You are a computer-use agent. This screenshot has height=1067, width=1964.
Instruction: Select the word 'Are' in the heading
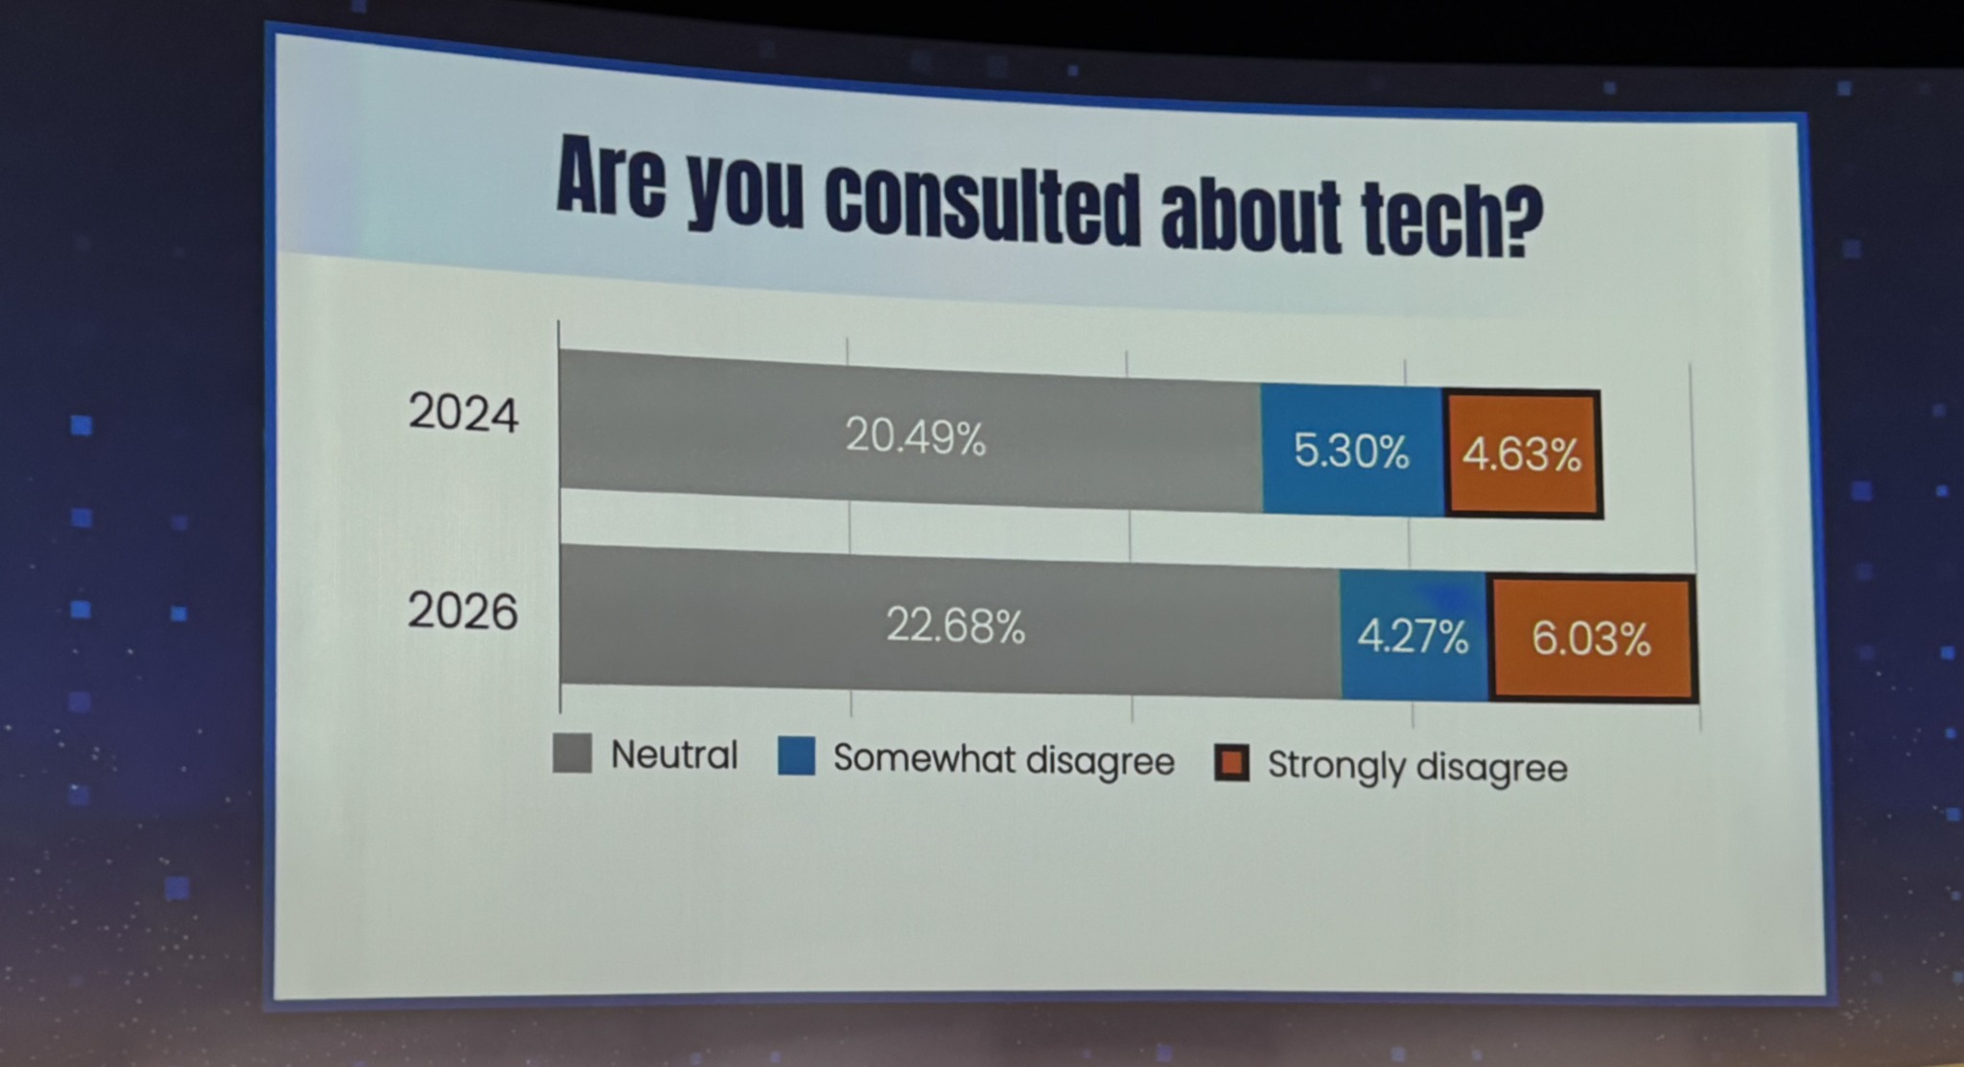tap(611, 178)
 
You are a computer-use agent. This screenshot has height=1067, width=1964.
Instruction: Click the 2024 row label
tap(463, 414)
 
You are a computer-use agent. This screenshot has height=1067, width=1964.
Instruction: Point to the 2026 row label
tap(463, 611)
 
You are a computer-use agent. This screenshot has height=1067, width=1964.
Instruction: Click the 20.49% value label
tap(915, 437)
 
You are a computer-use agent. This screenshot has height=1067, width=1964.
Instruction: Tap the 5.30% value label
tap(1351, 450)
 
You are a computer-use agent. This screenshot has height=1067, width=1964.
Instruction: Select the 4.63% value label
tap(1521, 454)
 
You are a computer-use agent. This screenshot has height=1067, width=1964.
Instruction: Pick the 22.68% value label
tap(955, 626)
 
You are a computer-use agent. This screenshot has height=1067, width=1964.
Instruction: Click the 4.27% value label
tap(1413, 637)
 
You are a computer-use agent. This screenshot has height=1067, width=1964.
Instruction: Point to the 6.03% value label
tap(1591, 638)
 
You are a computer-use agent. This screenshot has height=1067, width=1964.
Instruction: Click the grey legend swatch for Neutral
tap(573, 754)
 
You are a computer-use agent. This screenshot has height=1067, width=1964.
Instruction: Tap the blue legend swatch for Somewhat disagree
tap(797, 756)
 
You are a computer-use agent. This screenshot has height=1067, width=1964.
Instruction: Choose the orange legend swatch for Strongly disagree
tap(1231, 763)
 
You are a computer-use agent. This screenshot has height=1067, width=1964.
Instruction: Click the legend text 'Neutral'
tap(674, 755)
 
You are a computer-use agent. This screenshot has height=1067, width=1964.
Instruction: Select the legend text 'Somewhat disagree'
tap(1003, 760)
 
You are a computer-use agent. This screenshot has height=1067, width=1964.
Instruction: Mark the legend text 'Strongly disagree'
tap(1417, 767)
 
